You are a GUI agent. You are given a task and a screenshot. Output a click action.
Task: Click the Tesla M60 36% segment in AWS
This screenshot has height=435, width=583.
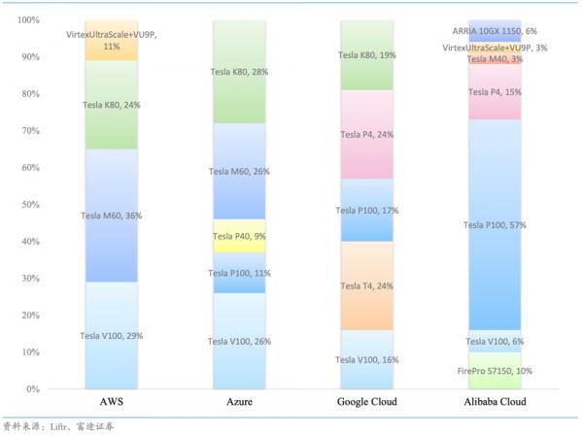[111, 216]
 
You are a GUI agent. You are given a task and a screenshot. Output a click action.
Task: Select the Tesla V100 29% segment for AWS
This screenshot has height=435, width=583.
[111, 335]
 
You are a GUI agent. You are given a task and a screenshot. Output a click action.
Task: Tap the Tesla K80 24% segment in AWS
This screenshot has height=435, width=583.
[111, 105]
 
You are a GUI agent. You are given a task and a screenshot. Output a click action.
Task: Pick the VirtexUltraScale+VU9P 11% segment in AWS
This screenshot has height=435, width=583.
[111, 41]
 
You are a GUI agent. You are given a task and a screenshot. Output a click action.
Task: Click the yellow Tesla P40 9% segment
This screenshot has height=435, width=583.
[239, 236]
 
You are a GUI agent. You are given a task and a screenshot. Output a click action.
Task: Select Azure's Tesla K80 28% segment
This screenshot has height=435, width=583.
[239, 72]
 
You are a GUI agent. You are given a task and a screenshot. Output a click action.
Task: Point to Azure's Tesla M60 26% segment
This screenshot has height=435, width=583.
[239, 171]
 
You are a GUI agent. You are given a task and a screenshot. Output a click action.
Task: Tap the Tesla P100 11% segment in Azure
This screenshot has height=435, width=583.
[239, 273]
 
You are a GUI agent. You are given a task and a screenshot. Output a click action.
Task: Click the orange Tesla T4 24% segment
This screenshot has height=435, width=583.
[366, 285]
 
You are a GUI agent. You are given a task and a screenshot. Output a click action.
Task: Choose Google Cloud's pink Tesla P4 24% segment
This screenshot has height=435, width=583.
[366, 134]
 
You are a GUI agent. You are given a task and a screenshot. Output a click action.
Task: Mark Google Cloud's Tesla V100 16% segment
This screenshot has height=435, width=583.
[366, 359]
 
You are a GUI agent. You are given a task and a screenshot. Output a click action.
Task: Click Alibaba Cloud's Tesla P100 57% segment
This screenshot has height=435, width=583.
[495, 225]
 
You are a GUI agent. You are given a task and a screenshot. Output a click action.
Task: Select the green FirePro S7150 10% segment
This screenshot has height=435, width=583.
[495, 371]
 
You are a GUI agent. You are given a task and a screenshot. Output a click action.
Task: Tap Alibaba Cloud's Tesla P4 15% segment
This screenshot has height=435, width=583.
[495, 92]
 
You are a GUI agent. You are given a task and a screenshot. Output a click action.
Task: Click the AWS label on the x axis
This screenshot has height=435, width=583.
[111, 401]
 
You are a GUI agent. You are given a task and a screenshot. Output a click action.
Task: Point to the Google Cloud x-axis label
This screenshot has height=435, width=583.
[366, 401]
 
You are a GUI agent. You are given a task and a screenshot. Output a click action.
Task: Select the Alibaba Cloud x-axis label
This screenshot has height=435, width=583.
[495, 401]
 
